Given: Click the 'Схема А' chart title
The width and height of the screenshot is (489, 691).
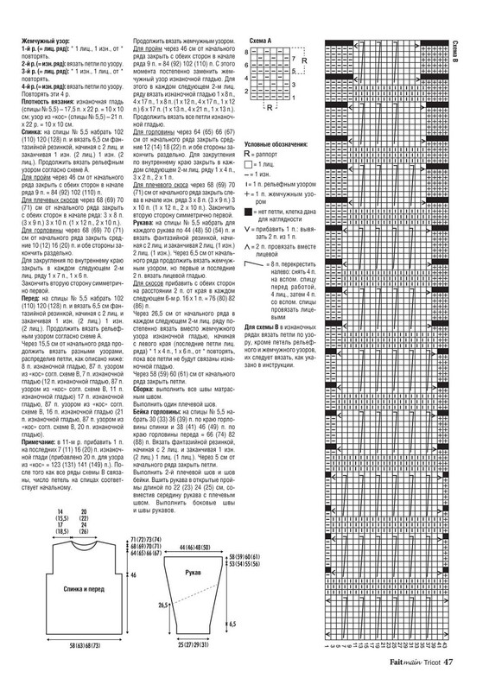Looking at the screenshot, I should tap(261, 41).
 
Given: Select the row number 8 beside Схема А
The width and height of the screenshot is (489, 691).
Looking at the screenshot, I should tap(247, 53).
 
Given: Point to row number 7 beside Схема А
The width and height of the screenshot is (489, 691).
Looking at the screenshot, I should tap(294, 59).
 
